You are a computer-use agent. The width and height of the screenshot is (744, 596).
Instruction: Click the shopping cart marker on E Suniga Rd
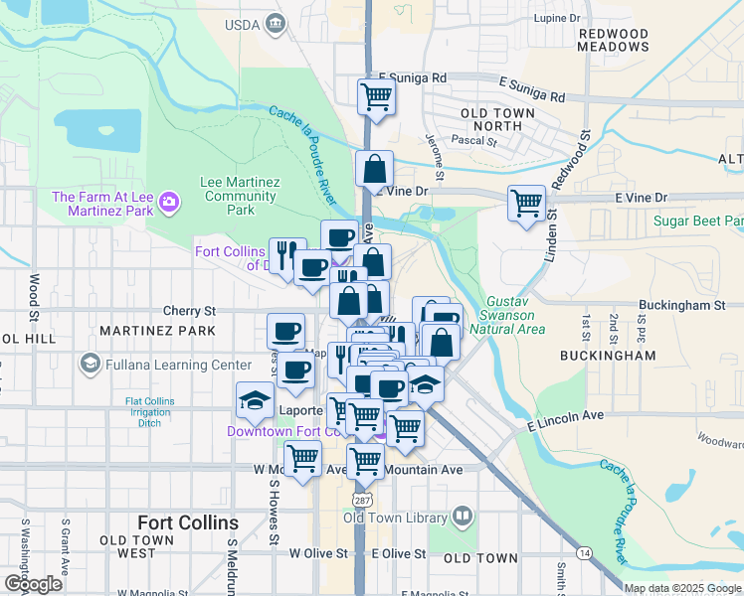pyautogui.click(x=377, y=97)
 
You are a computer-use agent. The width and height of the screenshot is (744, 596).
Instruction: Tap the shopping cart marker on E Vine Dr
pyautogui.click(x=526, y=204)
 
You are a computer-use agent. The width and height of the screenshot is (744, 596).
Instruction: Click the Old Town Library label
pyautogui.click(x=396, y=517)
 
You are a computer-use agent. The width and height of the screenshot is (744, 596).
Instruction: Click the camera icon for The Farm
pyautogui.click(x=170, y=203)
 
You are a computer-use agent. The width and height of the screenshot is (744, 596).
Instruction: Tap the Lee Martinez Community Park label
pyautogui.click(x=240, y=196)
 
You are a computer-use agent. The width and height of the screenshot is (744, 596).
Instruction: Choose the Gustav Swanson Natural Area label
pyautogui.click(x=514, y=314)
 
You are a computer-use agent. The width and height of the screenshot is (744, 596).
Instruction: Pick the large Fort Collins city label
pyautogui.click(x=188, y=522)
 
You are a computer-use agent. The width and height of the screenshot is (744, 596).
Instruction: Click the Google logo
pyautogui.click(x=33, y=584)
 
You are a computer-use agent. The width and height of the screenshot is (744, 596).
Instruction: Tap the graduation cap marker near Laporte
pyautogui.click(x=255, y=400)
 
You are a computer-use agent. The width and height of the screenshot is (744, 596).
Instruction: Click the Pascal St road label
pyautogui.click(x=474, y=141)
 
